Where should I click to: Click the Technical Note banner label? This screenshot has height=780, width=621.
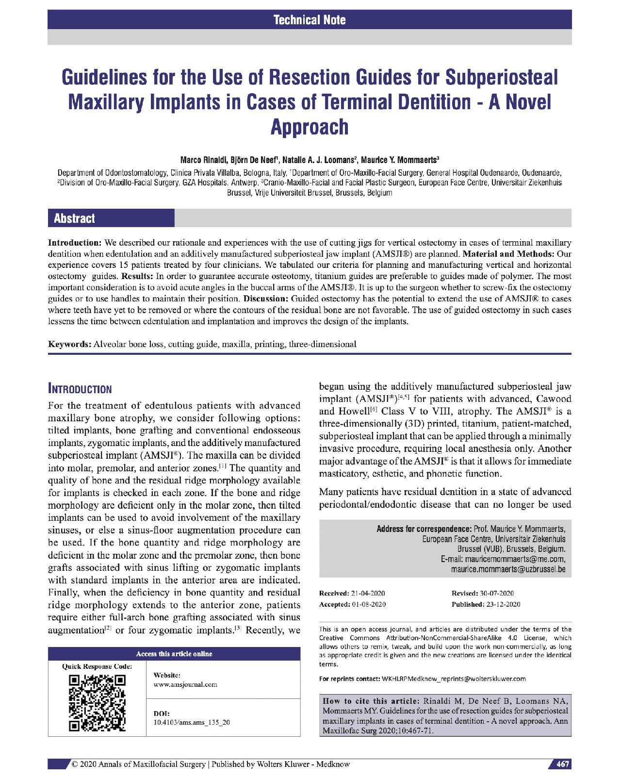[310, 20]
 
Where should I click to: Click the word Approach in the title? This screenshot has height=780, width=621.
[310, 127]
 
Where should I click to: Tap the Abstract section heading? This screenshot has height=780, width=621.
[74, 218]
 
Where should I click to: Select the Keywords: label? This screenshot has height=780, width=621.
[69, 344]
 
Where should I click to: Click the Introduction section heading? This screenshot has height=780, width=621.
[80, 389]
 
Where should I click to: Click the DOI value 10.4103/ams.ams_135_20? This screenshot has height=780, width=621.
[192, 722]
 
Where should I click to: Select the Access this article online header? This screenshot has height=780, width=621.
[174, 654]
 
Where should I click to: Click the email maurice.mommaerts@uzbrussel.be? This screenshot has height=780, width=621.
[508, 569]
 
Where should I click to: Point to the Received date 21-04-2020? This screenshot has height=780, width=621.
[368, 593]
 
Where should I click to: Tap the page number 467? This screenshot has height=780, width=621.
[562, 764]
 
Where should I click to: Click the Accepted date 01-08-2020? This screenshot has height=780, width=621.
[369, 604]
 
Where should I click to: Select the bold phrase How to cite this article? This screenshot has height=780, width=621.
[371, 701]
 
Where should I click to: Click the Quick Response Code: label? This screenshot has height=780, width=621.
[97, 666]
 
